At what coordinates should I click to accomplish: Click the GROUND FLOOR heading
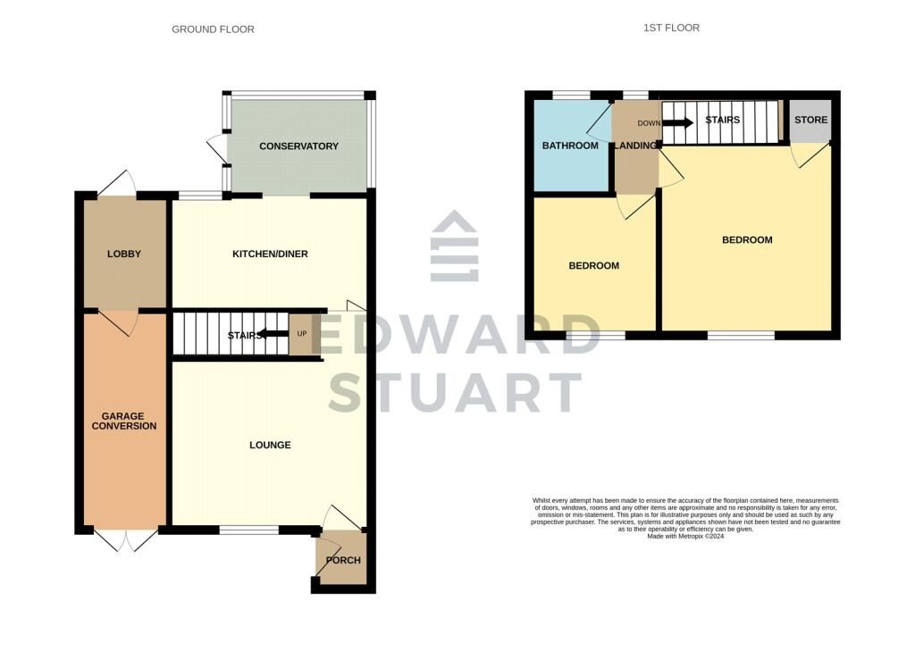[x=213, y=29]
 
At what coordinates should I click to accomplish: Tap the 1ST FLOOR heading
[x=671, y=28]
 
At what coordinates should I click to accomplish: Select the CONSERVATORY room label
[x=298, y=146]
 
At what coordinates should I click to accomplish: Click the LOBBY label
[x=123, y=254]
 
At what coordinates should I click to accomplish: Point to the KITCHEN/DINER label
[x=270, y=254]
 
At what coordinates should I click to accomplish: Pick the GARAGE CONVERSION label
[x=123, y=422]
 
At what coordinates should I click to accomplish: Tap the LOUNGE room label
[x=270, y=445]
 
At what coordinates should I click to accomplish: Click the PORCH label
[x=343, y=560]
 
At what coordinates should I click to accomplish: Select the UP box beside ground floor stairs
[x=302, y=334]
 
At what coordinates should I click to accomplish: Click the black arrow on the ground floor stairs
[x=273, y=334]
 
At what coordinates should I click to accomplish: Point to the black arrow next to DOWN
[x=677, y=123]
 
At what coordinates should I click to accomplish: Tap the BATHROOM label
[x=570, y=146]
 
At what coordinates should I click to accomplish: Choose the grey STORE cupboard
[x=810, y=121]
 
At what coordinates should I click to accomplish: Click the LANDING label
[x=636, y=146]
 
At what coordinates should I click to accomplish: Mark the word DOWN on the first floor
[x=649, y=123]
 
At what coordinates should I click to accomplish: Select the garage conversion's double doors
[x=125, y=541]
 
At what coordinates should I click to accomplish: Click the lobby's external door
[x=116, y=182]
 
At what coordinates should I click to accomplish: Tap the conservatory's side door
[x=216, y=149]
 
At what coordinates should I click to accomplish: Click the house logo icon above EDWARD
[x=455, y=246]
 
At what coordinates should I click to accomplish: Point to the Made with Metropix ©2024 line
[x=685, y=536]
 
